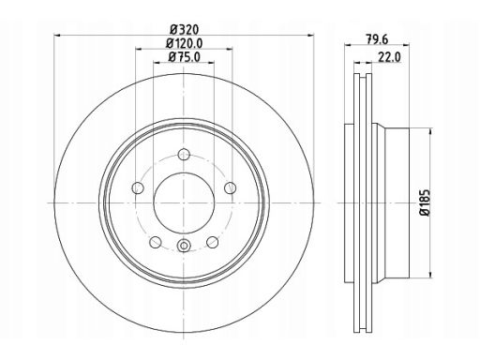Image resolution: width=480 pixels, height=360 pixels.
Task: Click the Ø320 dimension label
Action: (x=185, y=30)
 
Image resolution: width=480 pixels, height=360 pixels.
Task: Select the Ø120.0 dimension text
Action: (x=184, y=43)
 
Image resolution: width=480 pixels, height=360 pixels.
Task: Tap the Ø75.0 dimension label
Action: (x=184, y=57)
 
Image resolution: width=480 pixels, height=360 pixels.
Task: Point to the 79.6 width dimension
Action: (x=377, y=39)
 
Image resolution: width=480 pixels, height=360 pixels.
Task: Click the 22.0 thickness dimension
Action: (x=389, y=57)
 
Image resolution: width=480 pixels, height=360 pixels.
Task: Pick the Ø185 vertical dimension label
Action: (x=426, y=202)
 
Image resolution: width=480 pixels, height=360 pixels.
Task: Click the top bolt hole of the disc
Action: (x=184, y=154)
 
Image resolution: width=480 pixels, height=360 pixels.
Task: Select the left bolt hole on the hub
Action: (x=138, y=187)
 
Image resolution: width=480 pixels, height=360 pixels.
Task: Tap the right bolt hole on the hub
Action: (x=231, y=187)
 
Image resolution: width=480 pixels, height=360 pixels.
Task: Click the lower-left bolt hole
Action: (x=156, y=242)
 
